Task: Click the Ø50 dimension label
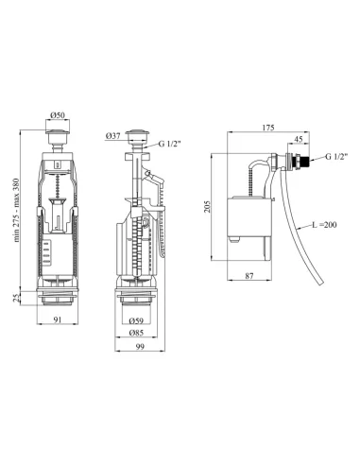[x=58, y=115]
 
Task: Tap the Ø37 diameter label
[x=113, y=136]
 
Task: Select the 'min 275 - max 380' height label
[x=16, y=210]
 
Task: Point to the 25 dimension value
[x=16, y=298]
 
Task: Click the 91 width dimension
[x=57, y=319]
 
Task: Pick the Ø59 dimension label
[x=136, y=321]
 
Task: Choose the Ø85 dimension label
[x=136, y=333]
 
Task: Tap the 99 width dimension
[x=140, y=347]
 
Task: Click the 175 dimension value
[x=268, y=128]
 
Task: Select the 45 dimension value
[x=299, y=139]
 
